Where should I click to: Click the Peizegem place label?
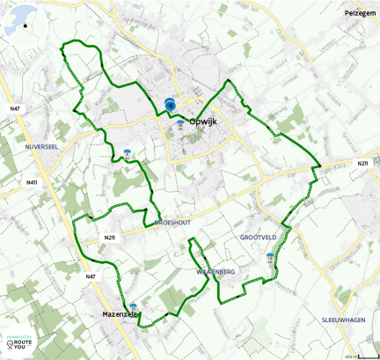click(x=362, y=14)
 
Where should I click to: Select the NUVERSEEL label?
click(x=40, y=147)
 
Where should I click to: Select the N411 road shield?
click(x=33, y=183)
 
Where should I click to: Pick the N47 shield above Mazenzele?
click(x=91, y=277)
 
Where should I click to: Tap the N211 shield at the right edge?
click(x=362, y=164)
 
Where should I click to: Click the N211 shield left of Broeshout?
click(x=109, y=238)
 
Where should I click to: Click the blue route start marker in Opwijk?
click(x=170, y=105)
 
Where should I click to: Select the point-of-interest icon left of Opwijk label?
click(x=180, y=124)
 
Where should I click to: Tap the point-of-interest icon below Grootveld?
click(x=270, y=258)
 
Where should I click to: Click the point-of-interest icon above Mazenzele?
click(x=133, y=307)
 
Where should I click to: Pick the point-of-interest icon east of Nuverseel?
click(x=128, y=154)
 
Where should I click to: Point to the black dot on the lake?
click(x=26, y=26)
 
